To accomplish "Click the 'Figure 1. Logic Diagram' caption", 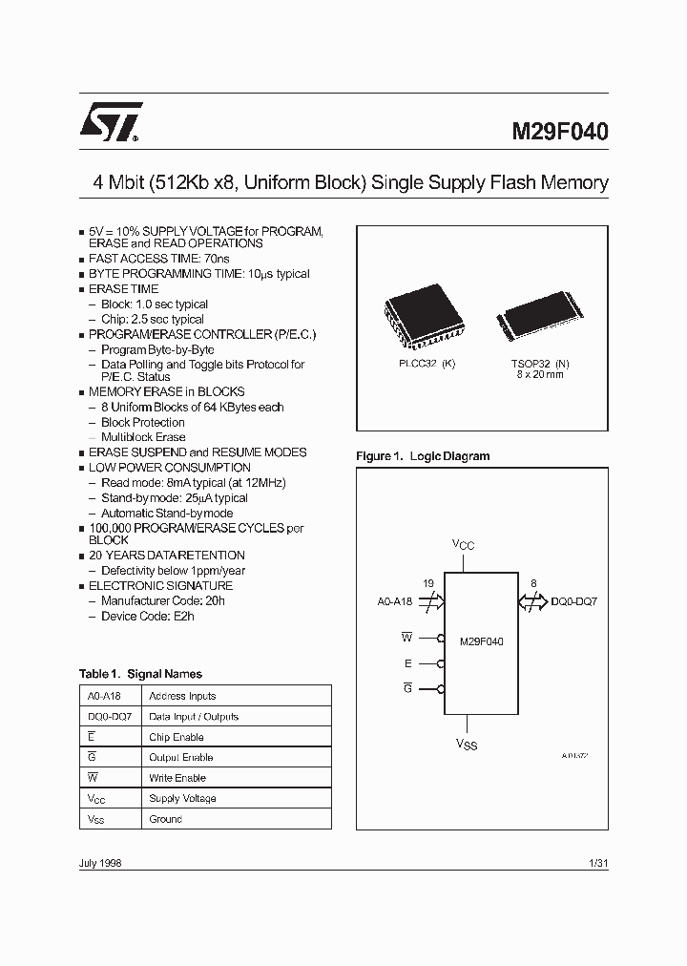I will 423,456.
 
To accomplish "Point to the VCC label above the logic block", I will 463,544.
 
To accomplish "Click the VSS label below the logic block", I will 466,744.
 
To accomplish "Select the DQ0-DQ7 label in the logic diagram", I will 574,602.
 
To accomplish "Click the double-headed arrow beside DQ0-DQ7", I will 532,602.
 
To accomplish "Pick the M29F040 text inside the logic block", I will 481,641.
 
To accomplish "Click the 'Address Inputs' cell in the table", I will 182,696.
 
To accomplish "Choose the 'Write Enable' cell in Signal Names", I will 177,778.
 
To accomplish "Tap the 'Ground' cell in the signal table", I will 165,819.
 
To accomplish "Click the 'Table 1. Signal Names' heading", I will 140,674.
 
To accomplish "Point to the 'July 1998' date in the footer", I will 100,863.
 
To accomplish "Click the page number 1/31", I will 599,863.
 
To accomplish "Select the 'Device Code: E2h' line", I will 149,617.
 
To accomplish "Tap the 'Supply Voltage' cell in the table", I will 182,798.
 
